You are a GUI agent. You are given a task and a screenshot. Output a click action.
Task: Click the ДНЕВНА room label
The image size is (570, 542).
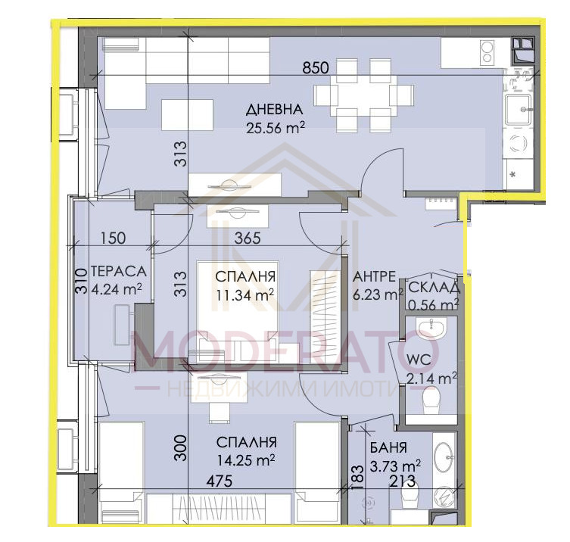274,110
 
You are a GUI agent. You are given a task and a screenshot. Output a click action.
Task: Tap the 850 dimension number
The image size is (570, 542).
316,67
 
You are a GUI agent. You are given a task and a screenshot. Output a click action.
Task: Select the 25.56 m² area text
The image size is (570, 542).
276,128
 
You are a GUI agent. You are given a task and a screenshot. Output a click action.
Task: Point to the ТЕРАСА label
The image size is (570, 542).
119,271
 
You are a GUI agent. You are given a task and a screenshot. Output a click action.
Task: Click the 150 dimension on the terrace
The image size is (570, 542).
113,238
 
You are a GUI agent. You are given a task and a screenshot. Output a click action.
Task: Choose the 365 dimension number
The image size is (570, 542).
248,238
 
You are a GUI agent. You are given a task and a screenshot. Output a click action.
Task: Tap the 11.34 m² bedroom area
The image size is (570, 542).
245,294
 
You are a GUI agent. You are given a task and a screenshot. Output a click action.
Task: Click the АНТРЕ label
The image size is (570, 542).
374,276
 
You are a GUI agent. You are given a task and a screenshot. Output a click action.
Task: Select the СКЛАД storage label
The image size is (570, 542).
434,288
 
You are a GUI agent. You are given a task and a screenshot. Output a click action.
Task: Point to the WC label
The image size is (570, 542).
419,360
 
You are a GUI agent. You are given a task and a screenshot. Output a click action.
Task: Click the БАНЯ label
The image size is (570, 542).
388,447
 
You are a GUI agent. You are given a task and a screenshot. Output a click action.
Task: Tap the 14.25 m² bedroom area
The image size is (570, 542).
246,460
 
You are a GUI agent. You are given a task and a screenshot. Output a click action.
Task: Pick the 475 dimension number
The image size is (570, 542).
220,481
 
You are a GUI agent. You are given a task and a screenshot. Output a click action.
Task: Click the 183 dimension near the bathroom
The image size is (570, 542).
358,477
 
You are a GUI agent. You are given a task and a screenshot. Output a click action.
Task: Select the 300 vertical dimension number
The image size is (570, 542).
180,448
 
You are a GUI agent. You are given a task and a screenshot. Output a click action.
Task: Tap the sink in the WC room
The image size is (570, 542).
431,328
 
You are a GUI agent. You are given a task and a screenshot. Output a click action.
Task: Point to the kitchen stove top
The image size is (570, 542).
486,52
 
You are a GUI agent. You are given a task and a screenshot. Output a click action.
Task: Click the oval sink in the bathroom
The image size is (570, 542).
444,457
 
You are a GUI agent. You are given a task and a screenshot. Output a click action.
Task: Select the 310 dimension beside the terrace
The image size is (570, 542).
82,281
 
